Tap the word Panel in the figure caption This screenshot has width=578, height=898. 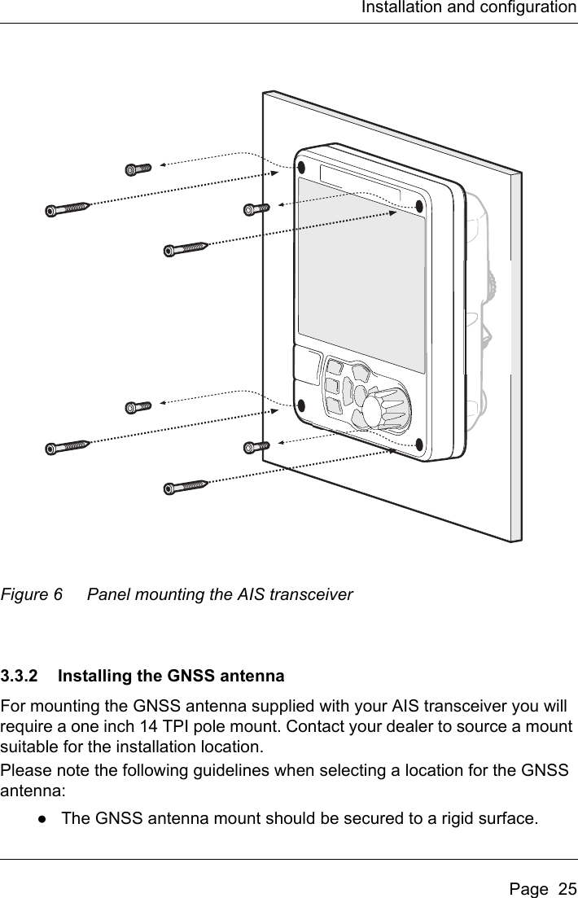pyautogui.click(x=107, y=595)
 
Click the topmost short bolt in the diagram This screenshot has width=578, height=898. pyautogui.click(x=139, y=169)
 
